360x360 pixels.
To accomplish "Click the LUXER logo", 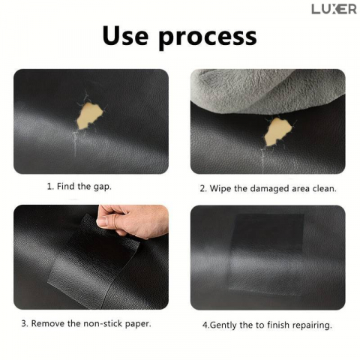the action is pos(334,9).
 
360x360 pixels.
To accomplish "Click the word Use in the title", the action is pos(125,36).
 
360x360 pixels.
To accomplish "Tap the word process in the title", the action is pos(208,38).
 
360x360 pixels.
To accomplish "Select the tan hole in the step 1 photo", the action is pos(90,115).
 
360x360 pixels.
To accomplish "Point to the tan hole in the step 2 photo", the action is pos(278,131).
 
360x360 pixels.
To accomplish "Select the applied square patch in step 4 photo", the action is pos(268,254).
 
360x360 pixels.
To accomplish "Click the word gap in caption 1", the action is pos(103,187).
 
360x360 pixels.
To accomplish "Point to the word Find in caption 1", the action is pos(66,186).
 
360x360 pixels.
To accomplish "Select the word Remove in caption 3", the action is pos(48,323).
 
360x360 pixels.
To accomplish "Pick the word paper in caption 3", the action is pos(138,324).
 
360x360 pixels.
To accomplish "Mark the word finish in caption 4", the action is pos(278,325).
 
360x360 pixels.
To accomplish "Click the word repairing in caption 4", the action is pos(312,325).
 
